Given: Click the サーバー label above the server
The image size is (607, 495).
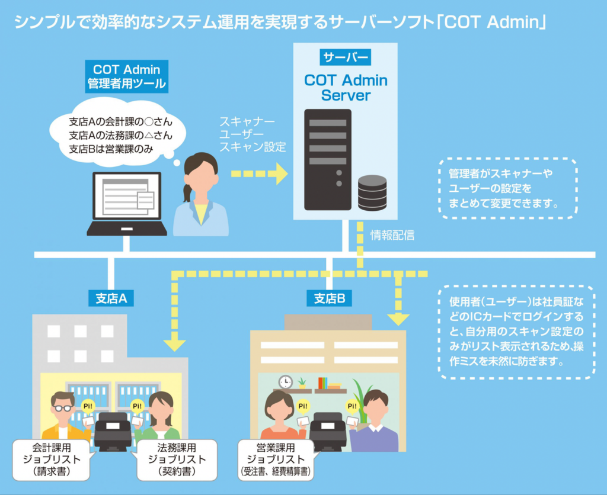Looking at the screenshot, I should pos(346,57).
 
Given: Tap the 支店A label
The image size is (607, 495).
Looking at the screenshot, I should pos(111,298).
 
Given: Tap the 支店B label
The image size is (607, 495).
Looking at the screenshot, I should pos(329,298).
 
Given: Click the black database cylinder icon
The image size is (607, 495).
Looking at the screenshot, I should pos(372,193).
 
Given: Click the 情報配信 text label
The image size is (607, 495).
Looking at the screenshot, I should pos(392,235).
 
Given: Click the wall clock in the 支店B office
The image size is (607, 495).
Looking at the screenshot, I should pos(286,382).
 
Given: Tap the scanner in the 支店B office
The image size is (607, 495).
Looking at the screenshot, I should pos(327,430).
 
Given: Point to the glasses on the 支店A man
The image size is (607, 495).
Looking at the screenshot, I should pos(63,408).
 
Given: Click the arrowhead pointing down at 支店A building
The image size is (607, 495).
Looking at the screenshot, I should pos(174,344).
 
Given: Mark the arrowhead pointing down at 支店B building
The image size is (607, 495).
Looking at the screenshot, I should pos(398,320).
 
